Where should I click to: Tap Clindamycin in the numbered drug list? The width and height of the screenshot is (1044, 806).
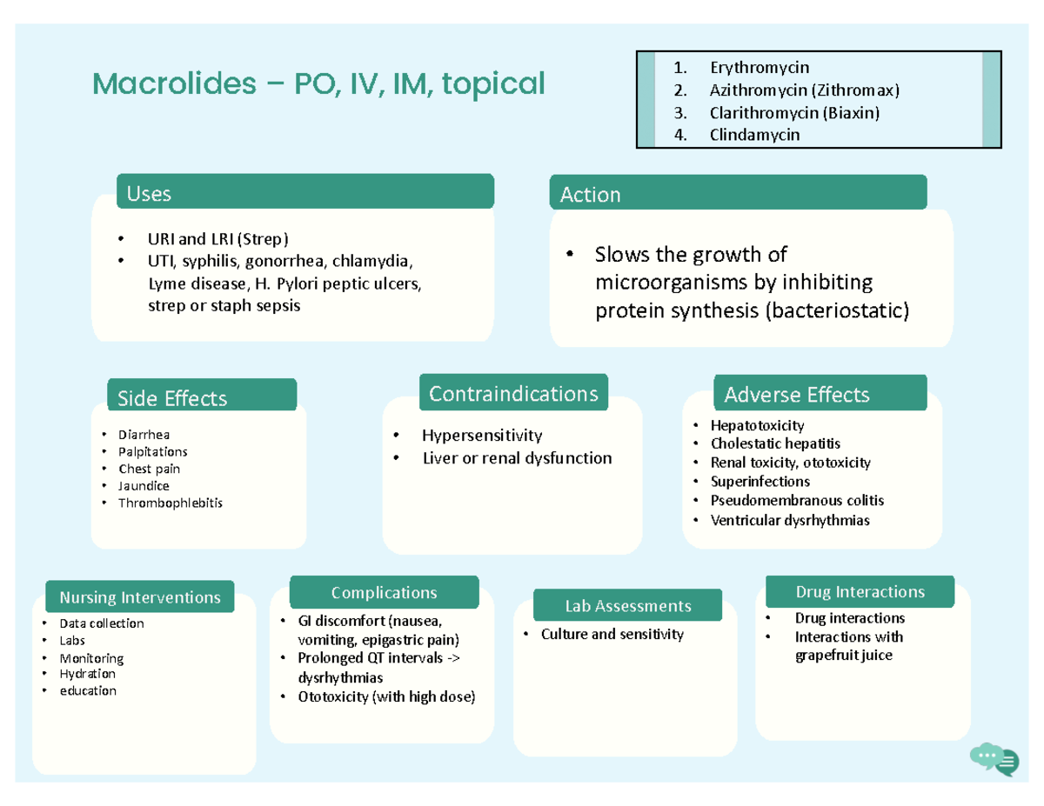[x=754, y=135]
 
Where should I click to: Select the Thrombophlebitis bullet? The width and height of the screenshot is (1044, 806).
[x=171, y=503]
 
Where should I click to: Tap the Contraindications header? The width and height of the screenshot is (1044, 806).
[x=513, y=393]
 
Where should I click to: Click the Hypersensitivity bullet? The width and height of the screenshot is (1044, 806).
[x=481, y=435]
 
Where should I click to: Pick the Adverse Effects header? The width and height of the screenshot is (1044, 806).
[x=796, y=394]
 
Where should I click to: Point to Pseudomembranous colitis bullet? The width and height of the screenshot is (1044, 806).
[x=796, y=500]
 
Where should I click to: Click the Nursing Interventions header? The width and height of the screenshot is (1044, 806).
[x=140, y=597]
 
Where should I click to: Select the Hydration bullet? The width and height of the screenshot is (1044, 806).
[x=87, y=673]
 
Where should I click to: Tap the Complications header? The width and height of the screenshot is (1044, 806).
[x=384, y=592]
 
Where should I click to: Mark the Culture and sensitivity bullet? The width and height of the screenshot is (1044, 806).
[x=612, y=634]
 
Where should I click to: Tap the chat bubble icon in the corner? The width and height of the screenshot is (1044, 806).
[x=994, y=759]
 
